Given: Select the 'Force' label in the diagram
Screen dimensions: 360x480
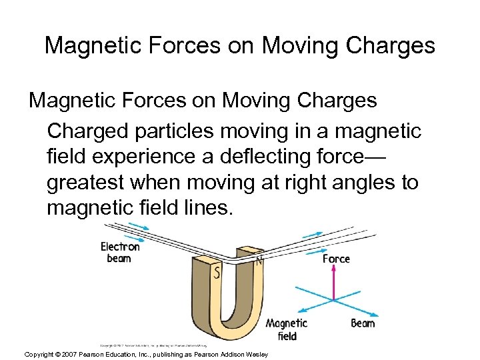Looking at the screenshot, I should [x=336, y=259].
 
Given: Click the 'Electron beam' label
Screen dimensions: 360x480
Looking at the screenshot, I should [x=120, y=252].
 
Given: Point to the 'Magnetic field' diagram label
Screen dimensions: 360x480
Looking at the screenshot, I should [x=287, y=329].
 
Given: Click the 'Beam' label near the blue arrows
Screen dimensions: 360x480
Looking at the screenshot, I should [x=363, y=323].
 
